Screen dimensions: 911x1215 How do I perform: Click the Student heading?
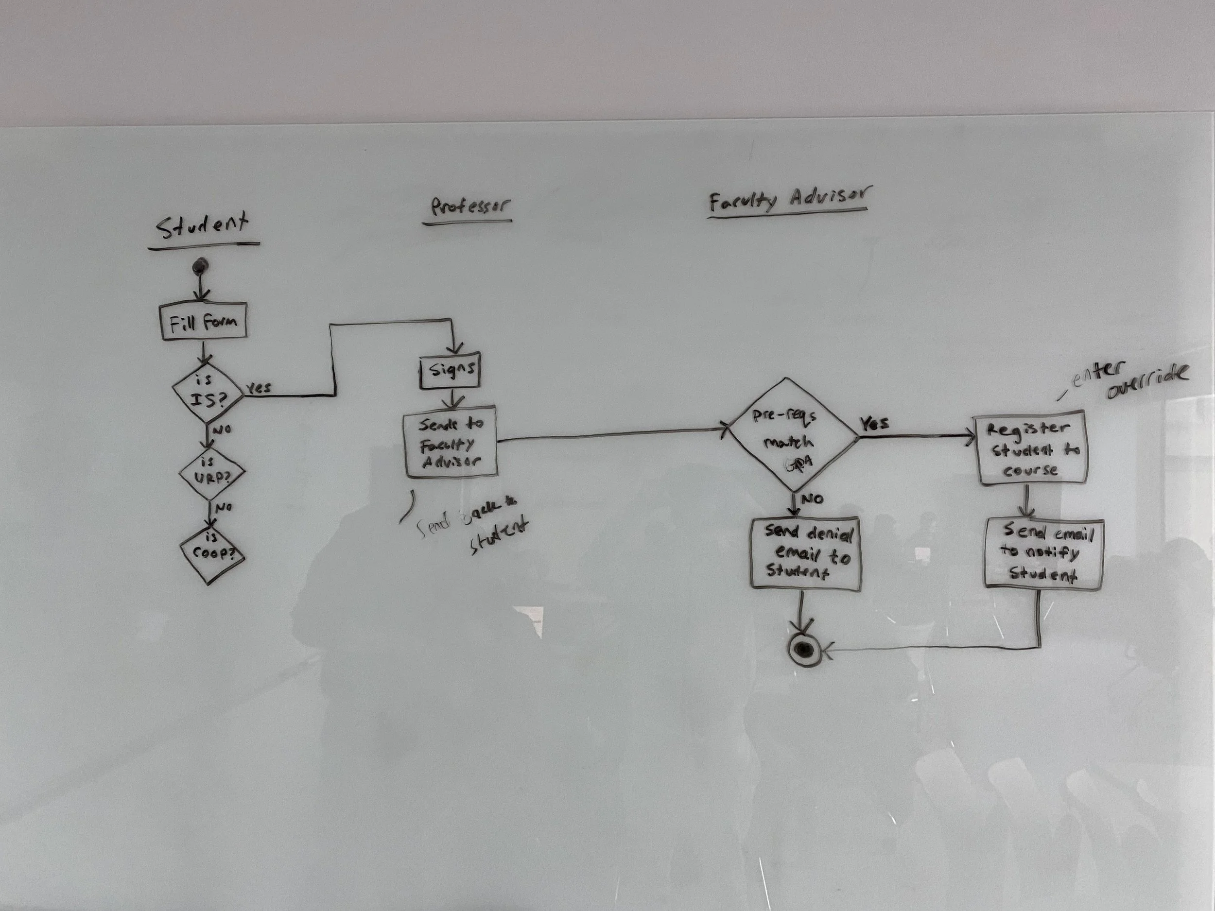202,226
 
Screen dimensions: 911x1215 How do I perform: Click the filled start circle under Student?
199,267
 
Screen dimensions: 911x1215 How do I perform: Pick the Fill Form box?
203,322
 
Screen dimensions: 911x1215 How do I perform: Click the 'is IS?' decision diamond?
208,392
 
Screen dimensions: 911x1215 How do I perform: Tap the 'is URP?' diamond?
211,472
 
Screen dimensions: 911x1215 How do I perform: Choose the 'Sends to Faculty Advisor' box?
451,443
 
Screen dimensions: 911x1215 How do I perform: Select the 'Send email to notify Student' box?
1043,553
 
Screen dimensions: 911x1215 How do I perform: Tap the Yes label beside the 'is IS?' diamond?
258,388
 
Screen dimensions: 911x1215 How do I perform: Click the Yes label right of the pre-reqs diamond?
874,425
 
